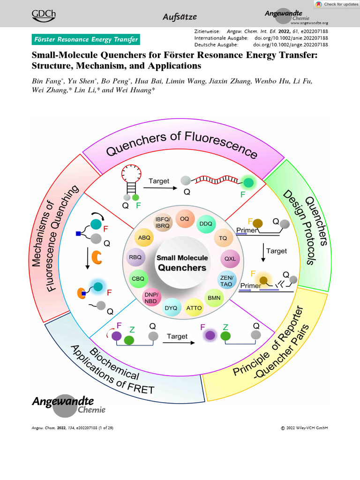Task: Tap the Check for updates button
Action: click(336, 4)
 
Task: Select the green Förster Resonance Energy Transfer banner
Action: click(85, 39)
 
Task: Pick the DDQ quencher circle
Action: click(206, 224)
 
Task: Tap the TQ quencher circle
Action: click(223, 238)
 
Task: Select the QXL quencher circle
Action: click(230, 258)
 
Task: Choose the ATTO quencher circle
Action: click(194, 308)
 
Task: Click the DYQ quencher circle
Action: click(171, 308)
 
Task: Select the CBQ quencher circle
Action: click(138, 278)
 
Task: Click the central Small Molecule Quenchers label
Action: click(182, 263)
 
